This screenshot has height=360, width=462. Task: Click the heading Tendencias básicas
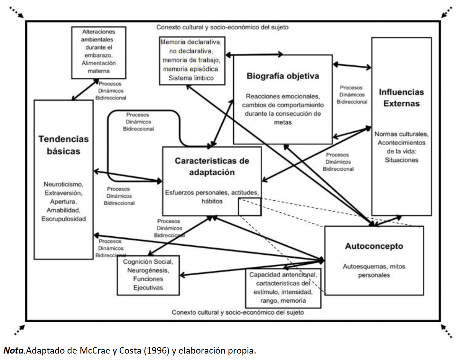click(64, 145)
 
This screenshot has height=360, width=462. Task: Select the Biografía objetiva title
click(283, 76)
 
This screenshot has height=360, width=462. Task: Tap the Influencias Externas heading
click(402, 98)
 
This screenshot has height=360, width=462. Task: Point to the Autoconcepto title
click(374, 246)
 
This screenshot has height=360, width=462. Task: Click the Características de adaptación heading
click(212, 166)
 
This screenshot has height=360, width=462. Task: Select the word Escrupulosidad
click(64, 219)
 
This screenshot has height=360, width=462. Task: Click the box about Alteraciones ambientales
click(99, 52)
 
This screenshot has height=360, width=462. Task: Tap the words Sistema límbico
click(191, 78)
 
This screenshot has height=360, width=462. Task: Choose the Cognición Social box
click(148, 275)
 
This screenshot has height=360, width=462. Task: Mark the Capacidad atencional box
click(283, 288)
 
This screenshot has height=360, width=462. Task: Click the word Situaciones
click(402, 160)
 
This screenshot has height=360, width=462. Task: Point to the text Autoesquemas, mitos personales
click(374, 270)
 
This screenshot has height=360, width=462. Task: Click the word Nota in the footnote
click(14, 350)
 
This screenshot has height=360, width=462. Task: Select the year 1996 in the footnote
click(156, 350)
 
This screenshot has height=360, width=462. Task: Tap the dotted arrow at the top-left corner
click(17, 12)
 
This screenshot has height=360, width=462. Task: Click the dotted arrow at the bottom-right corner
click(447, 331)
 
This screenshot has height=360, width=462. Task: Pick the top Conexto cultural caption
click(222, 27)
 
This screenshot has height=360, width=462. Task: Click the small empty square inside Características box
click(250, 207)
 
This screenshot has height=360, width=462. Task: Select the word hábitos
click(212, 201)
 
